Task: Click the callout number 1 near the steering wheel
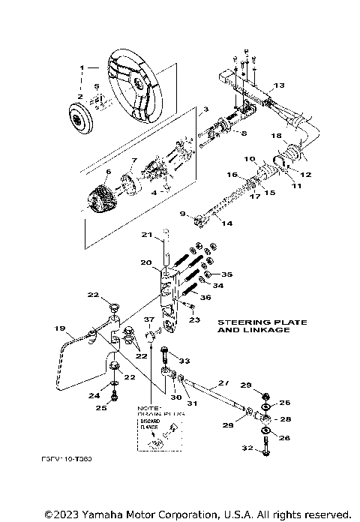click(82, 67)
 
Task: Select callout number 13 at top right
click(279, 85)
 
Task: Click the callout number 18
click(275, 136)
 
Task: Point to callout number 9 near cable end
click(183, 214)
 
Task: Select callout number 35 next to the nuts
click(226, 274)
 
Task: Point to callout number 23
click(196, 319)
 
